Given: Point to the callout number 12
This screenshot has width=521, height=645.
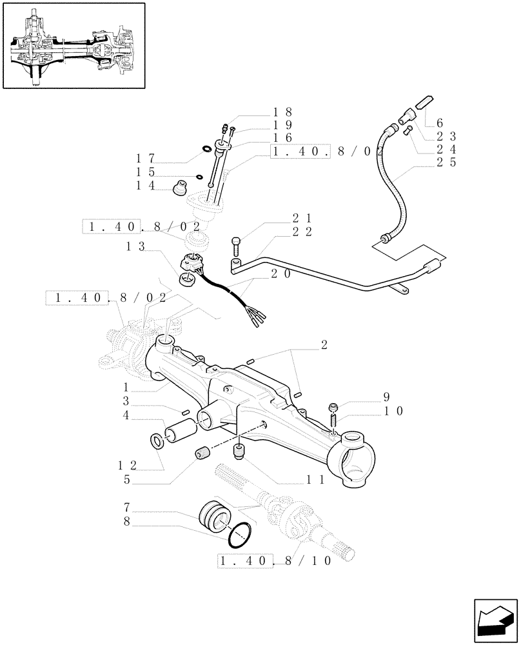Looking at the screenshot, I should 128,464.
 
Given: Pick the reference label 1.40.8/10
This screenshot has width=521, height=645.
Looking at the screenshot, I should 275,561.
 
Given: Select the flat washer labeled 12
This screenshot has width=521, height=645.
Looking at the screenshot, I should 157,441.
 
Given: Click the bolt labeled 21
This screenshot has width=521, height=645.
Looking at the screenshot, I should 236,246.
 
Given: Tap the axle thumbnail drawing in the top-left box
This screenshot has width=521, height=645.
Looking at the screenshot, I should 73,45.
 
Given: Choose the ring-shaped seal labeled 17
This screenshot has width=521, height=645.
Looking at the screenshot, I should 207,150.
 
